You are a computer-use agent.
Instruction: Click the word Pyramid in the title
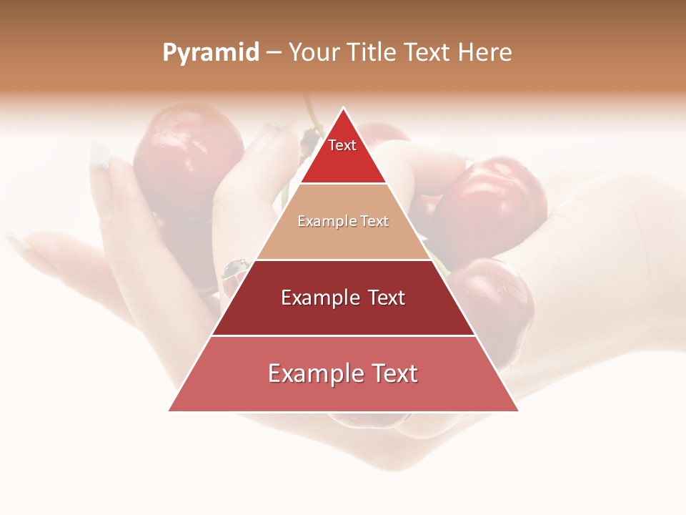click(x=211, y=53)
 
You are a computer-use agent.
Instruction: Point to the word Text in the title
click(x=429, y=53)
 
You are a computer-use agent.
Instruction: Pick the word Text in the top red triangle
click(x=342, y=145)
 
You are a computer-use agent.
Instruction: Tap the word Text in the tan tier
click(x=373, y=222)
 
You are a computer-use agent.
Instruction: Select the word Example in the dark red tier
click(x=319, y=298)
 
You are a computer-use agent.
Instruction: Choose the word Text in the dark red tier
click(x=386, y=298)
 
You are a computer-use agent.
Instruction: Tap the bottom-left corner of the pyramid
click(x=169, y=411)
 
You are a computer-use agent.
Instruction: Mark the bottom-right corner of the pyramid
click(x=518, y=411)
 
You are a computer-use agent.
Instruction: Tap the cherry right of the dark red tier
click(x=500, y=300)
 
